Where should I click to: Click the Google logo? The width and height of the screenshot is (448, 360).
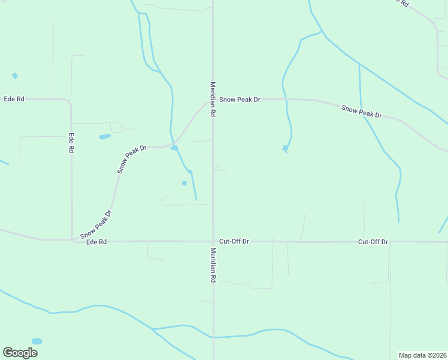point(20,353)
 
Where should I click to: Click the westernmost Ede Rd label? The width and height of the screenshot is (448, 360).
point(14,99)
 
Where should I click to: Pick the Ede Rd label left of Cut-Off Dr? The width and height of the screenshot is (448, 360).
point(96,242)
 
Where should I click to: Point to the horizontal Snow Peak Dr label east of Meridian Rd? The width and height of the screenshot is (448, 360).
point(240,100)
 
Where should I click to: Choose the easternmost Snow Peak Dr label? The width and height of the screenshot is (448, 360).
point(361,112)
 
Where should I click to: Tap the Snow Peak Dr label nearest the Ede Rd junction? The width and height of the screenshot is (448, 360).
point(96,223)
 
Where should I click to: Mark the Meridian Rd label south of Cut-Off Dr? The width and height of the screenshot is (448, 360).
point(213,265)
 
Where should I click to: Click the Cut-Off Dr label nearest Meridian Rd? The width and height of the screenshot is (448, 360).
point(234,241)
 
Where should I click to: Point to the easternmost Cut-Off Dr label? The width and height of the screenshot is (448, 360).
point(373,242)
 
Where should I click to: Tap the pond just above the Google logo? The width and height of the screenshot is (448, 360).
point(37,341)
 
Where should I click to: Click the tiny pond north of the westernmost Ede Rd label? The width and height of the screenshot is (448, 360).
point(15,76)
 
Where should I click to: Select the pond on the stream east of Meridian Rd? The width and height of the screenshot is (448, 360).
point(285,148)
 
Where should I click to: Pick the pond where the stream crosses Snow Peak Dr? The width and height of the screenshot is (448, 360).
point(174,148)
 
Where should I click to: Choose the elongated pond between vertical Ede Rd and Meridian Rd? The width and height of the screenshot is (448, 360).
point(105,137)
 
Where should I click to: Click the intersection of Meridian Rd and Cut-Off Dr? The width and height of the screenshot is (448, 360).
point(213,242)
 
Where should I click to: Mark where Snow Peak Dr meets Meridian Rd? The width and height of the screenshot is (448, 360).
point(213,100)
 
